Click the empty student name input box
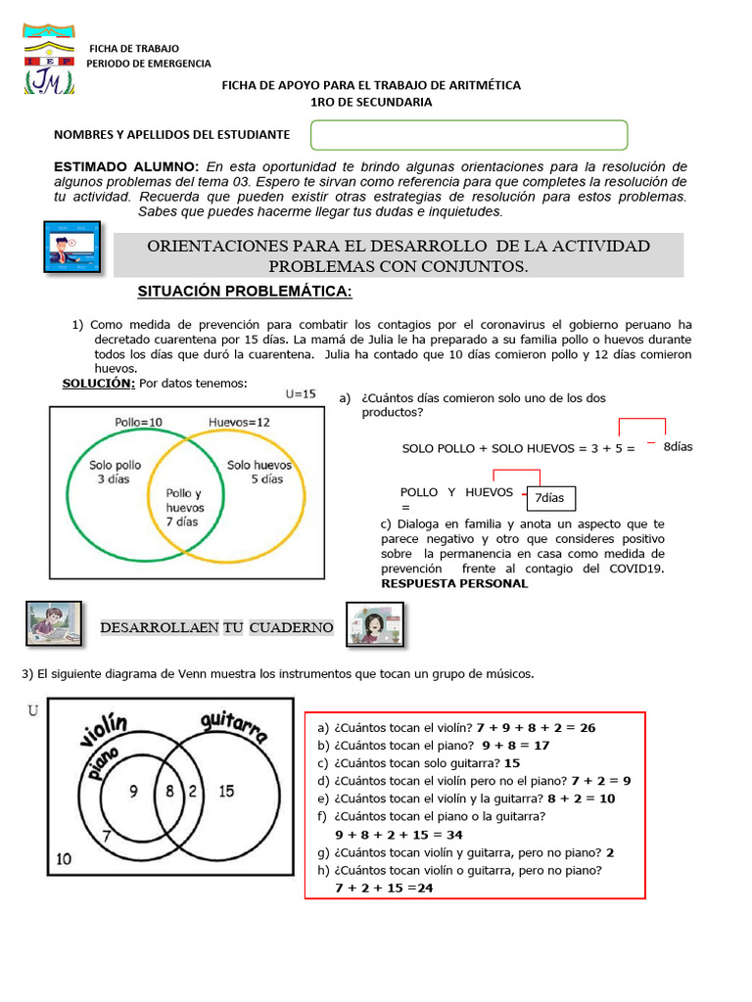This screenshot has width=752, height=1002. tap(469, 135)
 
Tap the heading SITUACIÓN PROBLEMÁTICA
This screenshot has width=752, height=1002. tap(245, 294)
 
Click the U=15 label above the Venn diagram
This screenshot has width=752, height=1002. tap(301, 394)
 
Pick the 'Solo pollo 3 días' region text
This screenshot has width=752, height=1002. tap(116, 473)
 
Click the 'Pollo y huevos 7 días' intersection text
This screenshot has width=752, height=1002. tap(184, 508)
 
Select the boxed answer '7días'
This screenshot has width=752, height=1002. tap(550, 498)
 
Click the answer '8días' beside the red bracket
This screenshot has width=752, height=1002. tap(678, 446)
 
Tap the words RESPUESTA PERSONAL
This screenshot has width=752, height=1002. tap(453, 583)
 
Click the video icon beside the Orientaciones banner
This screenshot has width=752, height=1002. tap(74, 247)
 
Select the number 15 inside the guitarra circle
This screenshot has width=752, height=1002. tap(226, 792)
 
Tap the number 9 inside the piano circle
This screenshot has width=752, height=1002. tap(134, 792)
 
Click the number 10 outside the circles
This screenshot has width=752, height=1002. tap(64, 859)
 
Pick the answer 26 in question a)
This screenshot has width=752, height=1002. tap(586, 727)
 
